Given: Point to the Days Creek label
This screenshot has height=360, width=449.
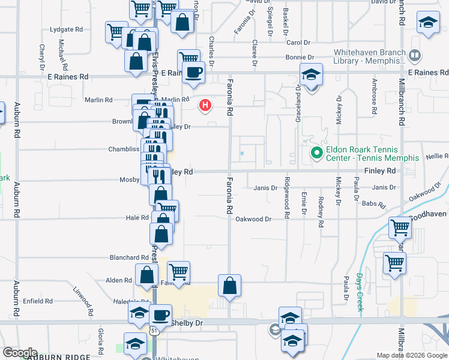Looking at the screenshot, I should click(360, 292).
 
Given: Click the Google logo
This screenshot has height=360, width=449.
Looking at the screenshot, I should click(20, 353).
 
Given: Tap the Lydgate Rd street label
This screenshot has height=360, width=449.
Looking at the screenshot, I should click(67, 29).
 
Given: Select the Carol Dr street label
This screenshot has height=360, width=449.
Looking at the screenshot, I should click(298, 43).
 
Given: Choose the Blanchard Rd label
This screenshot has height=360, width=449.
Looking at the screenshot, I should click(124, 257).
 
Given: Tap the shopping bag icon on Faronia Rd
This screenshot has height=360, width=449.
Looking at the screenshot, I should click(229, 286).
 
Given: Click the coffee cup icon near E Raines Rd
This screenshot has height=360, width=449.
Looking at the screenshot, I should click(193, 73).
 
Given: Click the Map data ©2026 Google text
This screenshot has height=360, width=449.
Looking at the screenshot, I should click(411, 355).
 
